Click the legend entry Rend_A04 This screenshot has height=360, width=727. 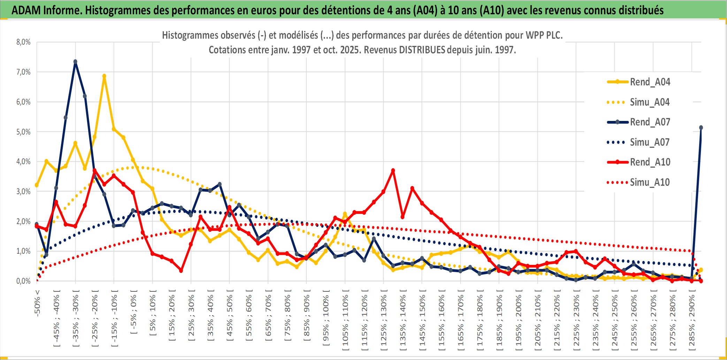650,82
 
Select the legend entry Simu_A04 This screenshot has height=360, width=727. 650,102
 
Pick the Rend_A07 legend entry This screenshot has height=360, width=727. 650,122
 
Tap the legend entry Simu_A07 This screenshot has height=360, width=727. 650,142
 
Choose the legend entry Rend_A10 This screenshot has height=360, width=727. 650,162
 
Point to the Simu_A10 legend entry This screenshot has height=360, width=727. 650,182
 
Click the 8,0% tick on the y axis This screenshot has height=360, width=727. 23,42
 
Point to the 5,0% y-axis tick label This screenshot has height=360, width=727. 23,132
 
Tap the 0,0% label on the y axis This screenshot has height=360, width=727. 23,281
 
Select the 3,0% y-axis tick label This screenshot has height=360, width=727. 23,191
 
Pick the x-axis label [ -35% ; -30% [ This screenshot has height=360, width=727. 76,317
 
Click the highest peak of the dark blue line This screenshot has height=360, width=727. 75,62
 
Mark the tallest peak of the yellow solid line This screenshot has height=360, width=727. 104,76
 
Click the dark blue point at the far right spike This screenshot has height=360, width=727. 701,128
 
